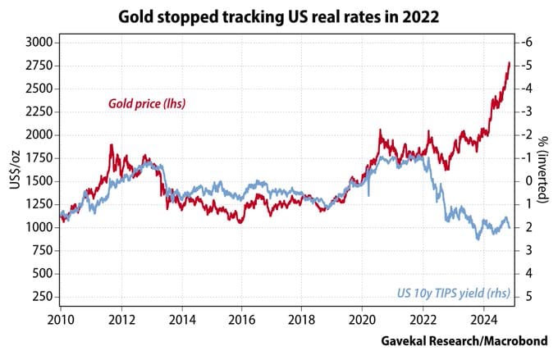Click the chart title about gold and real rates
click(280, 16)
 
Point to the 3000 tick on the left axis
click(39, 42)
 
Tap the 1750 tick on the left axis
click(39, 157)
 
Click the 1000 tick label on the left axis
click(39, 227)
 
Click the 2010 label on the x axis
click(62, 317)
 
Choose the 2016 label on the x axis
click(243, 317)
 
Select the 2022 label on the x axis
click(423, 317)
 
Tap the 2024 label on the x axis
click(484, 317)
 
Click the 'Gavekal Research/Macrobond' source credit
click(468, 339)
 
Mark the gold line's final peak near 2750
click(509, 62)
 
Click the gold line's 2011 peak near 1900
click(111, 145)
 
